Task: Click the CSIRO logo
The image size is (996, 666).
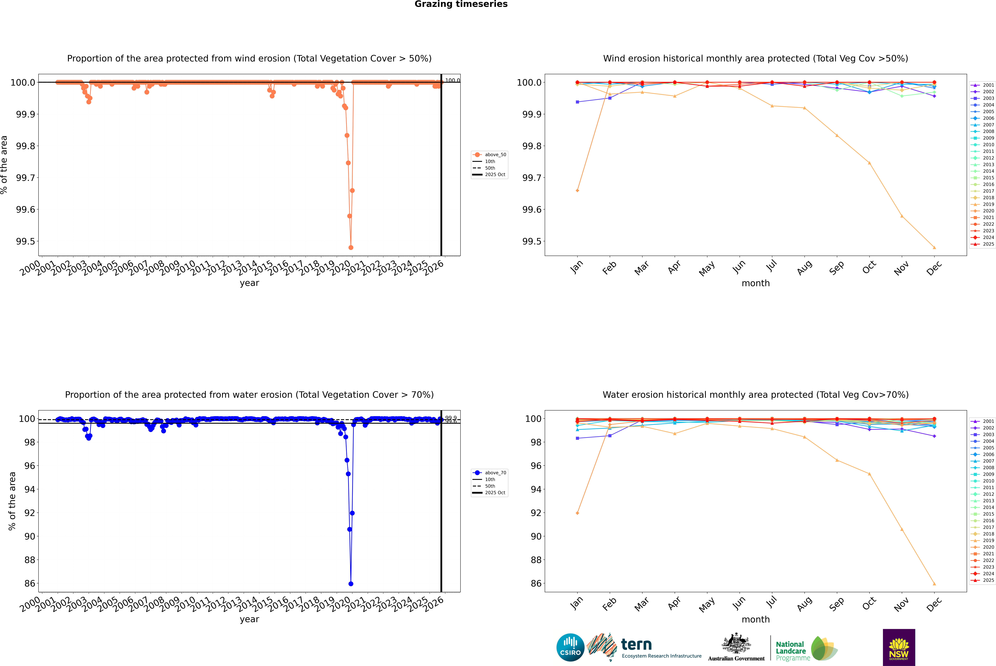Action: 570,647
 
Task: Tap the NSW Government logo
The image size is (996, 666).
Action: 899,647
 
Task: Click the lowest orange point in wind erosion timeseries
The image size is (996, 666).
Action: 351,248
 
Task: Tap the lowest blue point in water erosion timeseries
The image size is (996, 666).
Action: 351,584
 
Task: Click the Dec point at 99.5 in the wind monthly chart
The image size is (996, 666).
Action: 934,248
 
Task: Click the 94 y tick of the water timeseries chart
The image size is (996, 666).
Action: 30,489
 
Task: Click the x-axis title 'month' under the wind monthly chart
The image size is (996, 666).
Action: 755,283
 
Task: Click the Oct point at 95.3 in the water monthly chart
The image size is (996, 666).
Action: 869,474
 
